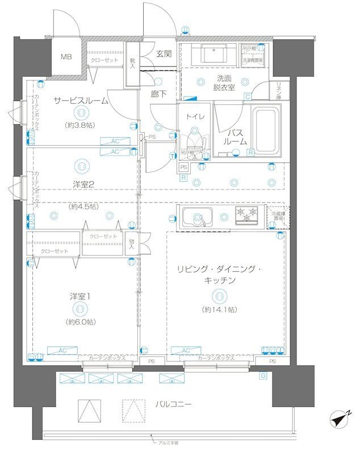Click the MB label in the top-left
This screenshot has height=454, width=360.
point(66,57)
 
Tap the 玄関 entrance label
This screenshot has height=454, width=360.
point(164,54)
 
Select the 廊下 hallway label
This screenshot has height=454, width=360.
point(159,94)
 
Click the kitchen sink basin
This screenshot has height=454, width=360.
point(196,217)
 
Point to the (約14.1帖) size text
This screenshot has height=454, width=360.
point(219,309)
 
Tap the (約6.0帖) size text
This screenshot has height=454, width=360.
point(81,322)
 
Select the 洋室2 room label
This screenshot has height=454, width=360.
point(82,183)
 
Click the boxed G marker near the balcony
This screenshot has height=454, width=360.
point(263,375)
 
